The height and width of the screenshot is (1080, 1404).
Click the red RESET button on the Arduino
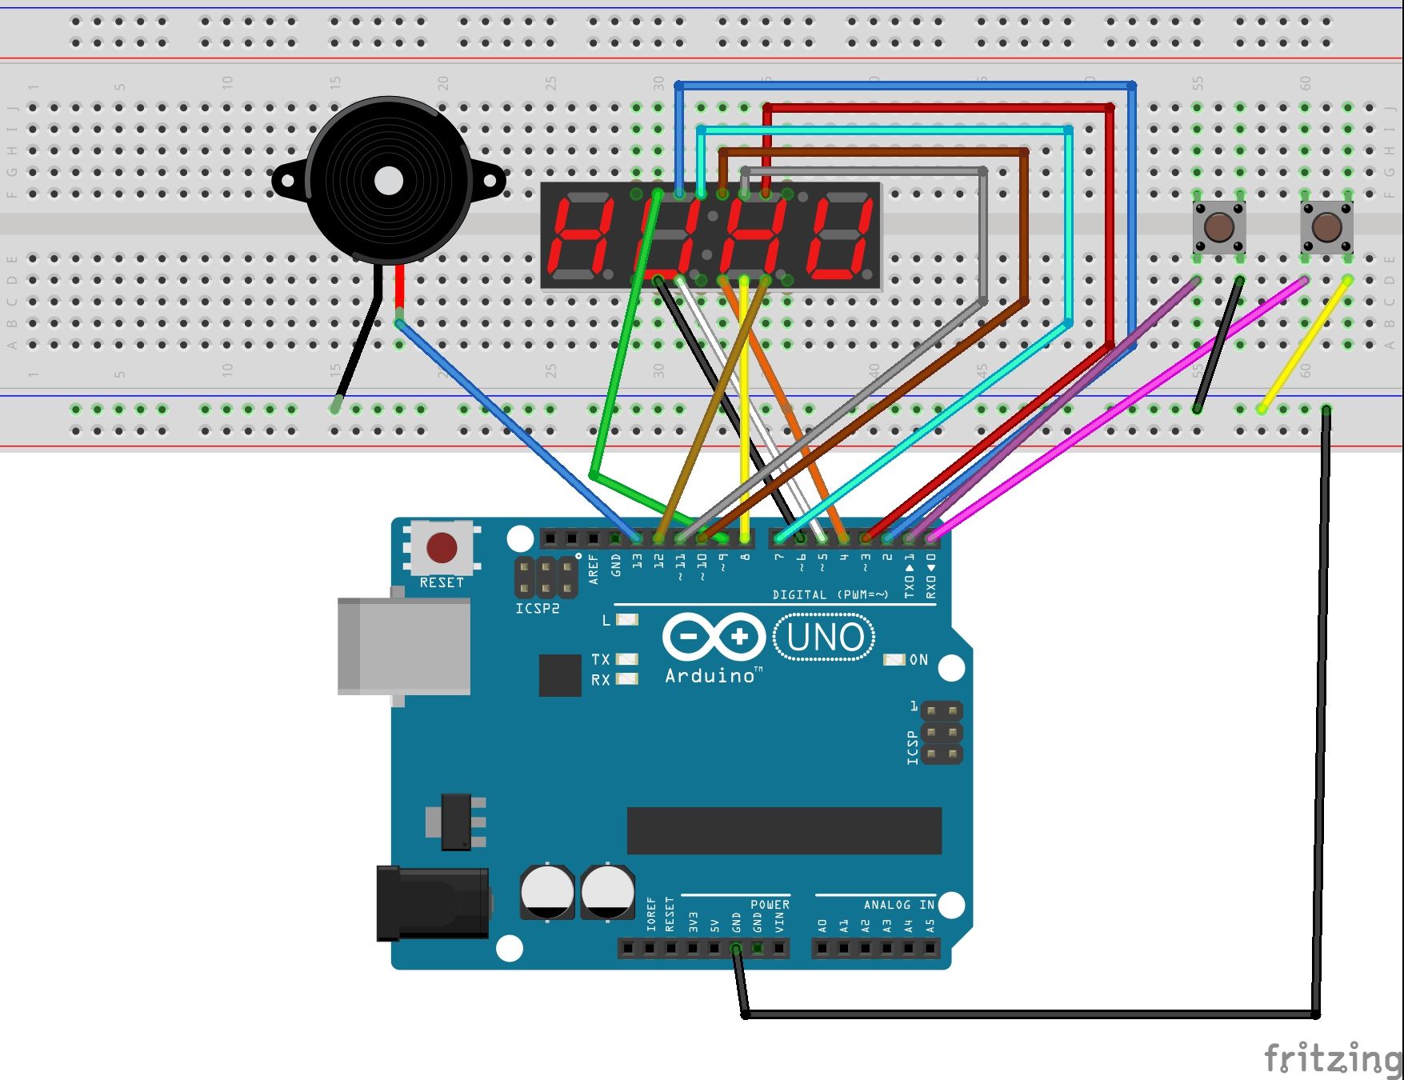click(442, 548)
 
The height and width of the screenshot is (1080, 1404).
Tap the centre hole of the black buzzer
click(389, 181)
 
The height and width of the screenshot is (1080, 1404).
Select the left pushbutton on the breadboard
click(1218, 227)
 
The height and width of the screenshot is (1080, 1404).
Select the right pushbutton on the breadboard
click(1326, 227)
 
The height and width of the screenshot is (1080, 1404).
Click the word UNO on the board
click(825, 638)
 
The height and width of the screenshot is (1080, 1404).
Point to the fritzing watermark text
click(1331, 1058)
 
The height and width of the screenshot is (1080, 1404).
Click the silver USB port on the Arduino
click(404, 646)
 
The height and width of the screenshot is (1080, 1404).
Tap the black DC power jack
click(433, 903)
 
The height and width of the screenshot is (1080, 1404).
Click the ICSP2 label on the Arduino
click(537, 609)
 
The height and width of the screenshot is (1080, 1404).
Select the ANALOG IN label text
click(898, 905)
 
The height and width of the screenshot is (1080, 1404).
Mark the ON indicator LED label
click(918, 660)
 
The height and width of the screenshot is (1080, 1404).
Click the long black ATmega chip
click(784, 830)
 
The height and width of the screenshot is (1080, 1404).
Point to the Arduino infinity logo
click(713, 637)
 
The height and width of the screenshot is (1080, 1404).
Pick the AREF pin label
click(594, 569)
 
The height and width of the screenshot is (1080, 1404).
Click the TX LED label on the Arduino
click(601, 659)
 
